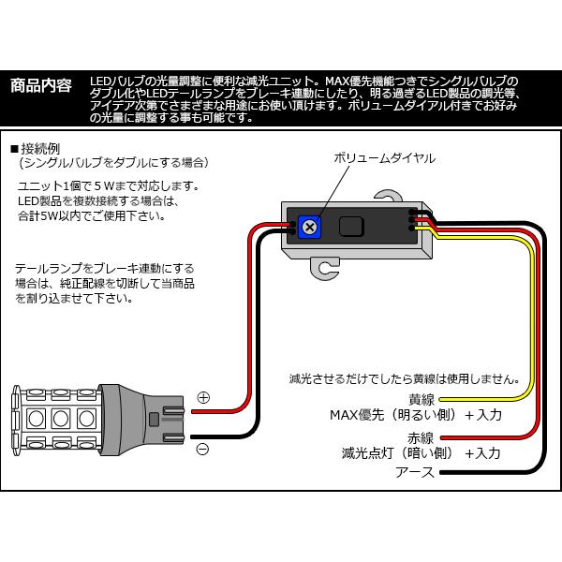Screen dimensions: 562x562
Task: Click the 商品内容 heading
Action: (41, 86)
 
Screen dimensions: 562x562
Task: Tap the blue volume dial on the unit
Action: (309, 227)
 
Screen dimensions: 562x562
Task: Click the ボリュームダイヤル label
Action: (385, 158)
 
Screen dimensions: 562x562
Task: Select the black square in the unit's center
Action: (351, 226)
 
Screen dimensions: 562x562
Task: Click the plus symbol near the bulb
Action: (203, 397)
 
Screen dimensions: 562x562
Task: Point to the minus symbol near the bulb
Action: (203, 449)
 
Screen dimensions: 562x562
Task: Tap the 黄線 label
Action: (421, 399)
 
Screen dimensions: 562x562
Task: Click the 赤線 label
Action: (421, 437)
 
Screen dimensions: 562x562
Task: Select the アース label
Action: (415, 472)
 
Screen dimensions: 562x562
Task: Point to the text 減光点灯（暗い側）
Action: (398, 453)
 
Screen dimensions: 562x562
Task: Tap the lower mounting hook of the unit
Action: (325, 268)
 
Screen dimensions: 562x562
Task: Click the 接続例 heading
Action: (37, 149)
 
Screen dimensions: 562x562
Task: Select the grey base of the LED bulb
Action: (140, 420)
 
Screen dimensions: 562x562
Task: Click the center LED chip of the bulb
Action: (61, 419)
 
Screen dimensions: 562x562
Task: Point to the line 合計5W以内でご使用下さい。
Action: (92, 216)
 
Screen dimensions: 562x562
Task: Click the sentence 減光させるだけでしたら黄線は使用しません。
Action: (405, 378)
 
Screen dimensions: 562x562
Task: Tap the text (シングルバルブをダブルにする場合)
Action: (114, 163)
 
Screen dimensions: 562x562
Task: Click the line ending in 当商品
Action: (105, 284)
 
